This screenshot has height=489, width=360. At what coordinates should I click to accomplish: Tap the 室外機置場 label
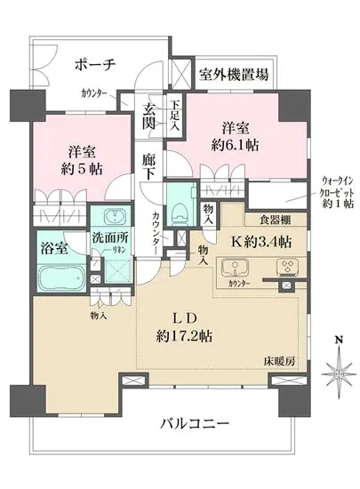coord(234,76)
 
